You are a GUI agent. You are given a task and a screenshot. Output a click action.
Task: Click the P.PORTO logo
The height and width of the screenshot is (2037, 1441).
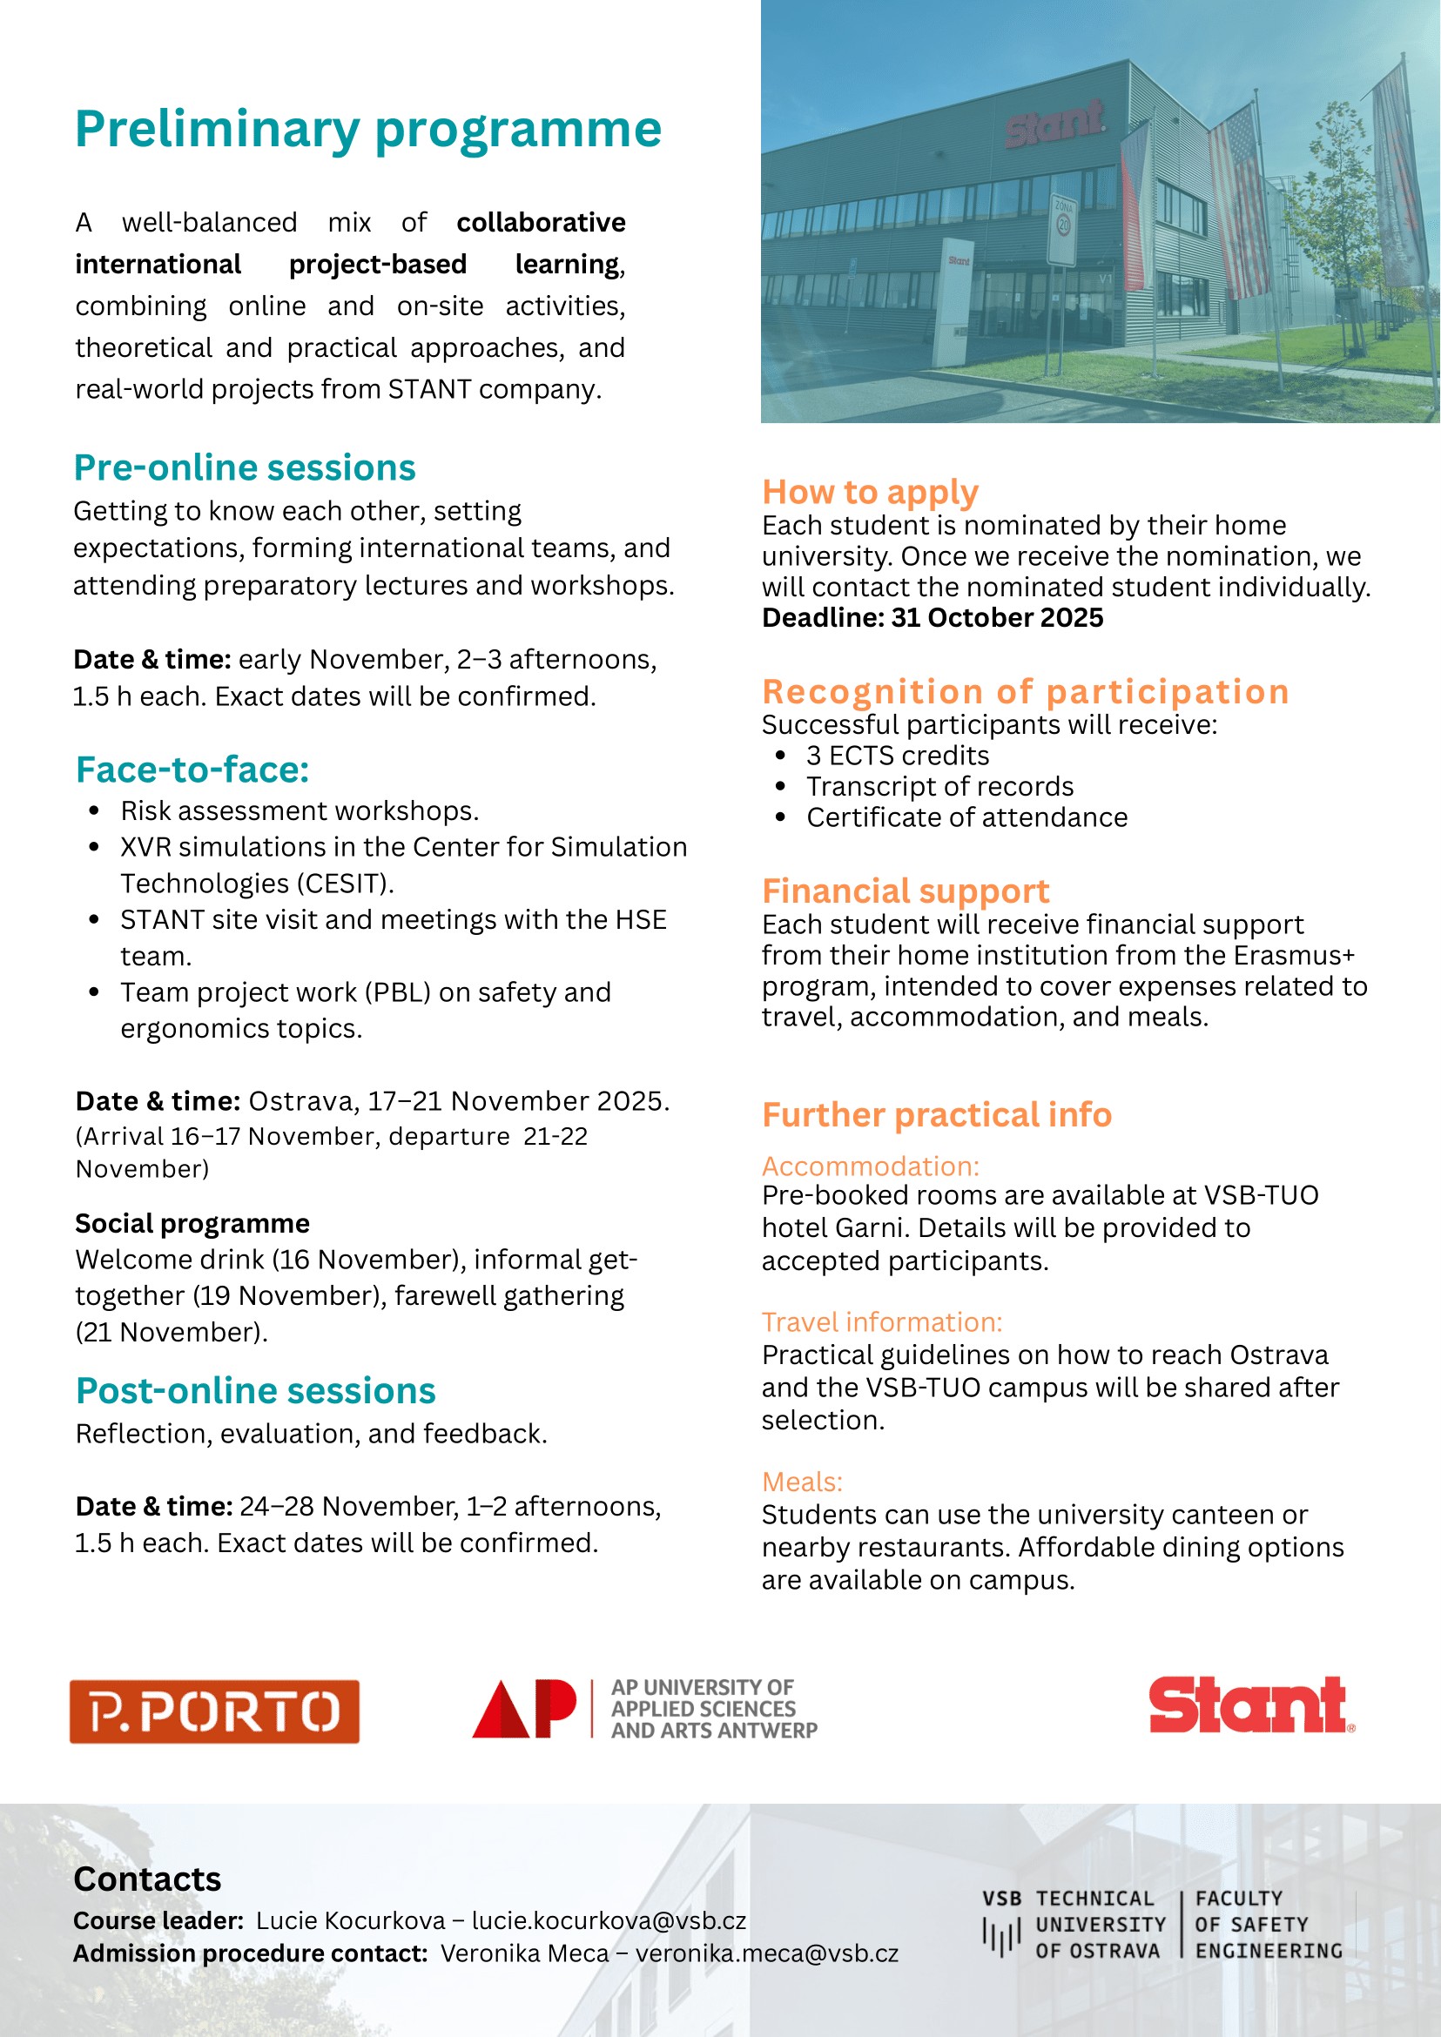pos(215,1711)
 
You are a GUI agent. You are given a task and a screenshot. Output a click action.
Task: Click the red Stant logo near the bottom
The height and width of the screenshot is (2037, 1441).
pos(1251,1704)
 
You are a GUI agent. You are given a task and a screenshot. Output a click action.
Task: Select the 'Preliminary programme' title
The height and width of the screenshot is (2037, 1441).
pos(368,130)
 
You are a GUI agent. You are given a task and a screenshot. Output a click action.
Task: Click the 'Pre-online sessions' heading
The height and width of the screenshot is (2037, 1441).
pos(244,467)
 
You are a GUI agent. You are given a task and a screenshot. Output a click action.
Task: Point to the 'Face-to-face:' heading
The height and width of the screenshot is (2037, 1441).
pos(192,770)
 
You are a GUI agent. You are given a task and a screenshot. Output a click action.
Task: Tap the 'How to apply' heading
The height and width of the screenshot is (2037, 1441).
pos(870,492)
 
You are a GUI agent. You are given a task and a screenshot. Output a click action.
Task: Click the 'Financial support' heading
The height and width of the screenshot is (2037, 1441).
pos(905,890)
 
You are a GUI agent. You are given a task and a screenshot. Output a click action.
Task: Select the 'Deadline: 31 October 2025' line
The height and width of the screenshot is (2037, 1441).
pos(933,617)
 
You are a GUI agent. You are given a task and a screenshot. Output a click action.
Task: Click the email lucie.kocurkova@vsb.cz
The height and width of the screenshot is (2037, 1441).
pos(609,1920)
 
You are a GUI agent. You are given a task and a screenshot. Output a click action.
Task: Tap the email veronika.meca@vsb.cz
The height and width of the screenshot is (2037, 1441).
pos(766,1953)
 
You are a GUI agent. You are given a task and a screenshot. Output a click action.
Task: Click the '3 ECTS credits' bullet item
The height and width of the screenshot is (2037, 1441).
pos(897,755)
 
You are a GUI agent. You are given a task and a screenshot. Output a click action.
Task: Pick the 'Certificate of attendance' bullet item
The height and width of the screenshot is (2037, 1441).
pos(966,817)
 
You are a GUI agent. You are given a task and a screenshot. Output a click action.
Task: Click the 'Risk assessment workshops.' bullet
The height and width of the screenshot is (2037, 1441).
pos(299,811)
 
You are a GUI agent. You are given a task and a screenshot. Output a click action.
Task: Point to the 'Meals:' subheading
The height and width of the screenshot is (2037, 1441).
pos(802,1482)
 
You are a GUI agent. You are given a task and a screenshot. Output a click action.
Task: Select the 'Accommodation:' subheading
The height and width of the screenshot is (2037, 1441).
pos(871,1166)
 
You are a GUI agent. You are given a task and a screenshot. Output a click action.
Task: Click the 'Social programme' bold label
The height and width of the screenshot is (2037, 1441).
pos(192,1223)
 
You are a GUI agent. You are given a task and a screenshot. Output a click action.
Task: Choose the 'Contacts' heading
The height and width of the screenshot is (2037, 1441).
pos(147,1879)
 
